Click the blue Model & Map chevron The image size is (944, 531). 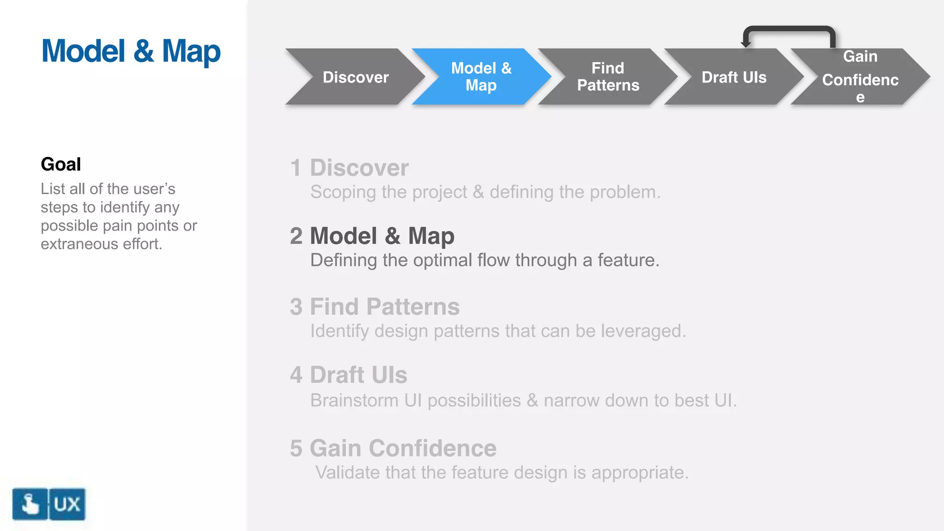pyautogui.click(x=481, y=77)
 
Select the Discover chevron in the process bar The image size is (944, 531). pyautogui.click(x=355, y=77)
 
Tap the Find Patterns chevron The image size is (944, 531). pyautogui.click(x=608, y=77)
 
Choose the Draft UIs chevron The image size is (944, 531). pyautogui.click(x=734, y=77)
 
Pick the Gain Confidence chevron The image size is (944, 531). pyautogui.click(x=860, y=77)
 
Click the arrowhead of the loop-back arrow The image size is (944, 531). pyautogui.click(x=746, y=44)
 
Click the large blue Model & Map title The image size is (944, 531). pyautogui.click(x=131, y=51)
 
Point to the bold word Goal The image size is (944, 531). pyautogui.click(x=61, y=164)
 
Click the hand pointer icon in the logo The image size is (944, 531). pyautogui.click(x=30, y=504)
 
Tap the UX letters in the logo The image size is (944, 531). pyautogui.click(x=67, y=504)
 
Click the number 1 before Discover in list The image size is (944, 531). pyautogui.click(x=296, y=168)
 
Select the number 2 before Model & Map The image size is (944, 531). pyautogui.click(x=296, y=236)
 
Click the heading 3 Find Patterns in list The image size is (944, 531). pyautogui.click(x=374, y=307)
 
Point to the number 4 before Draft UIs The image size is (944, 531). pyautogui.click(x=296, y=375)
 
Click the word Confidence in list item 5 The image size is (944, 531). pyautogui.click(x=432, y=448)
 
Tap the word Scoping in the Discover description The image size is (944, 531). pyautogui.click(x=342, y=192)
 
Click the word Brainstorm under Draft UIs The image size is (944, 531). pyautogui.click(x=354, y=400)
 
